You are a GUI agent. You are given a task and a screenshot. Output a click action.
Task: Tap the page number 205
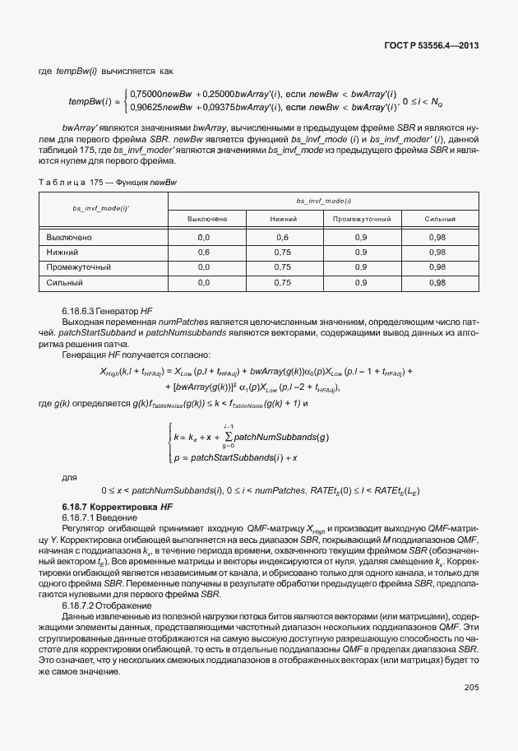click(471, 688)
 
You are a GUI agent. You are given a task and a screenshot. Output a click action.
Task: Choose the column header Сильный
click(437, 219)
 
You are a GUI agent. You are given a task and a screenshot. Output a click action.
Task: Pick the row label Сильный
click(65, 282)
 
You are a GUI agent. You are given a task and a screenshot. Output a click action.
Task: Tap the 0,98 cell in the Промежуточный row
click(437, 267)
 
